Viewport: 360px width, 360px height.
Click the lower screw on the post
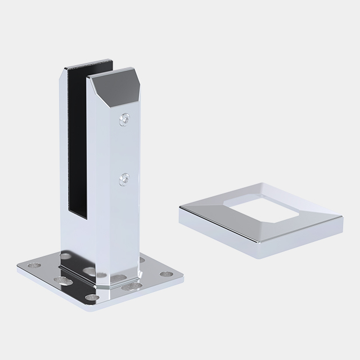pyautogui.click(x=123, y=179)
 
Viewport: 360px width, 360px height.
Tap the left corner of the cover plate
pyautogui.click(x=180, y=209)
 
